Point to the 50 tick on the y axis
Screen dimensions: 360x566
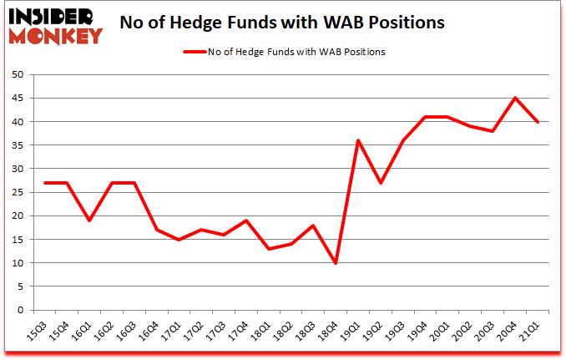click(x=16, y=75)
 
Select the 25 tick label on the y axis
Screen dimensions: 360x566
click(x=16, y=193)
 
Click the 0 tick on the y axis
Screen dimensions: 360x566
click(x=18, y=311)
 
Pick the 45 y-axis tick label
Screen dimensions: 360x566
click(x=16, y=99)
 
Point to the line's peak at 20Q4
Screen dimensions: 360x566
click(x=515, y=98)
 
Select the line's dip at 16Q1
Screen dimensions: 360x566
click(x=88, y=221)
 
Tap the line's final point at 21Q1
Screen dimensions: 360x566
click(x=537, y=122)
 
